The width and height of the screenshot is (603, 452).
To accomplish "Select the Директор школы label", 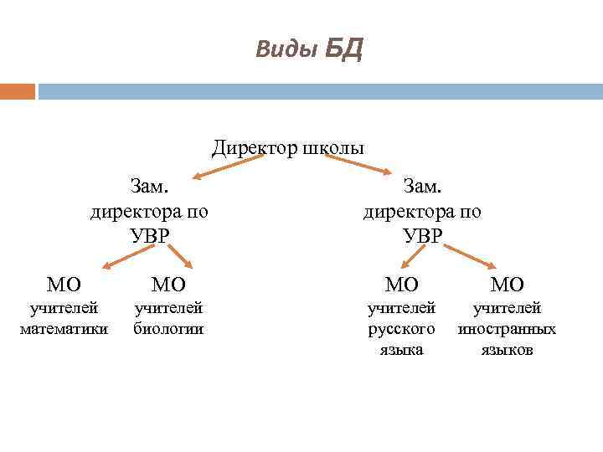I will pyautogui.click(x=287, y=148).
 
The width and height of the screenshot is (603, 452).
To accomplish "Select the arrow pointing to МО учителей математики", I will pyautogui.click(x=121, y=255).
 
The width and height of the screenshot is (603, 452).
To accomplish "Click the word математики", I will pyautogui.click(x=64, y=329).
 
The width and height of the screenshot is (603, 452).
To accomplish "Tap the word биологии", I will pyautogui.click(x=168, y=329).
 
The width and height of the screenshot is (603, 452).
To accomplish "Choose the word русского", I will pyautogui.click(x=402, y=329).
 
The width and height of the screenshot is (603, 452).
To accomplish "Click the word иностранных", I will pyautogui.click(x=507, y=329).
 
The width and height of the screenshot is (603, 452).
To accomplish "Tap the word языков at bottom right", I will pyautogui.click(x=507, y=350).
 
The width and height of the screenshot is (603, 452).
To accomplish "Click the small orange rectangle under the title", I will pyautogui.click(x=18, y=90).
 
